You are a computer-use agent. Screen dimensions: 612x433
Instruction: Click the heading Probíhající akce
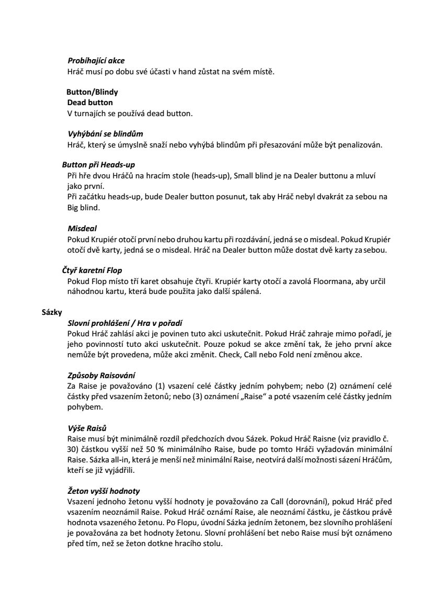[x=96, y=61]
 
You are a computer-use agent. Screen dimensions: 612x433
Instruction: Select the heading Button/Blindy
[x=92, y=92]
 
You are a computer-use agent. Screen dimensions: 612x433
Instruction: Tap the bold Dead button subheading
[x=89, y=103]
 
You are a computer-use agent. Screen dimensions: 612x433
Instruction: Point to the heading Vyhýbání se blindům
[x=105, y=134]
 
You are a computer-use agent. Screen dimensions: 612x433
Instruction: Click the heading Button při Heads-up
[x=98, y=164]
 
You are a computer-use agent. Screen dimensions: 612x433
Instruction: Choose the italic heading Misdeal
[x=82, y=229]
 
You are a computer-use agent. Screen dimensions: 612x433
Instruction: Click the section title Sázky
[x=52, y=312]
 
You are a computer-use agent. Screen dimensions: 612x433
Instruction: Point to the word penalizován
[x=361, y=145]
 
